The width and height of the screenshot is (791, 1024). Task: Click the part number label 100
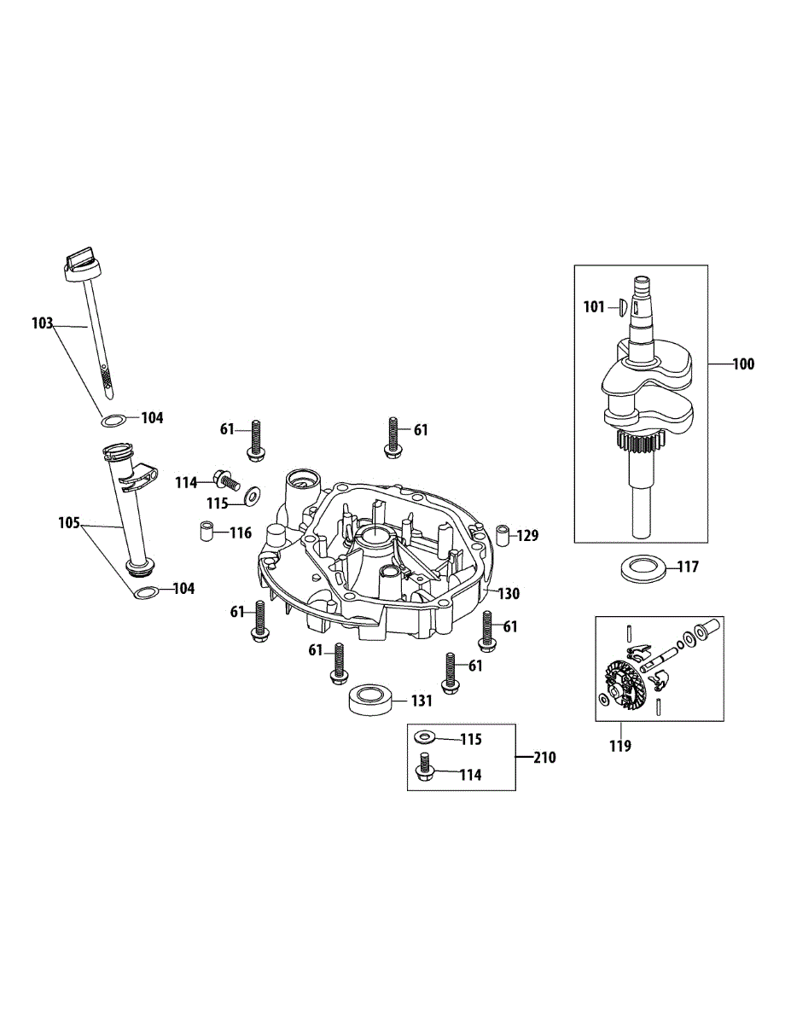[x=743, y=364]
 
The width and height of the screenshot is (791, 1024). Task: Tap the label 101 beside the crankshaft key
[x=594, y=306]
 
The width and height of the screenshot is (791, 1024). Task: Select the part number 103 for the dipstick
[x=42, y=323]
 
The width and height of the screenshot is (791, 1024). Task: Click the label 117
[x=688, y=566]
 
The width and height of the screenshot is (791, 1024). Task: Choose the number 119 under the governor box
[x=620, y=746]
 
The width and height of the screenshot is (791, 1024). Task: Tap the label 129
[x=528, y=536]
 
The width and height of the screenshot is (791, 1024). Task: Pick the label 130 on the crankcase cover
[x=508, y=593]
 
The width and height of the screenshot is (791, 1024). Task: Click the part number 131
[x=422, y=701]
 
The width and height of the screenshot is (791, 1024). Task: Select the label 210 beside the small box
[x=544, y=757]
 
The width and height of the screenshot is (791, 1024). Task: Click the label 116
[x=241, y=533]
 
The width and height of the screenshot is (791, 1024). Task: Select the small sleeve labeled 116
[x=206, y=532]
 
